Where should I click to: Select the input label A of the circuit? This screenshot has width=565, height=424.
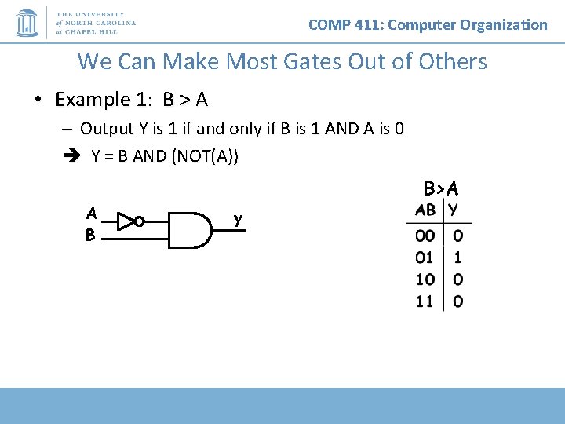(92, 213)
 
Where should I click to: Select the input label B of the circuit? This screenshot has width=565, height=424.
(91, 234)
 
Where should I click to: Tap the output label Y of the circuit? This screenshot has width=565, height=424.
(239, 221)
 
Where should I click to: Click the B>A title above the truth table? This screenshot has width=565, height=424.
(441, 188)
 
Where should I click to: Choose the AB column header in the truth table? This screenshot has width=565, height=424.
(425, 210)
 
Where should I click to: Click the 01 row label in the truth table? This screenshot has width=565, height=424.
(425, 258)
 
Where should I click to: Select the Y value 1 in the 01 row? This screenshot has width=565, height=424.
(457, 258)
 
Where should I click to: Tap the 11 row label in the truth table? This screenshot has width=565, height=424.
(425, 302)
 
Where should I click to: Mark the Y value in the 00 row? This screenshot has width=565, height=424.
(457, 236)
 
